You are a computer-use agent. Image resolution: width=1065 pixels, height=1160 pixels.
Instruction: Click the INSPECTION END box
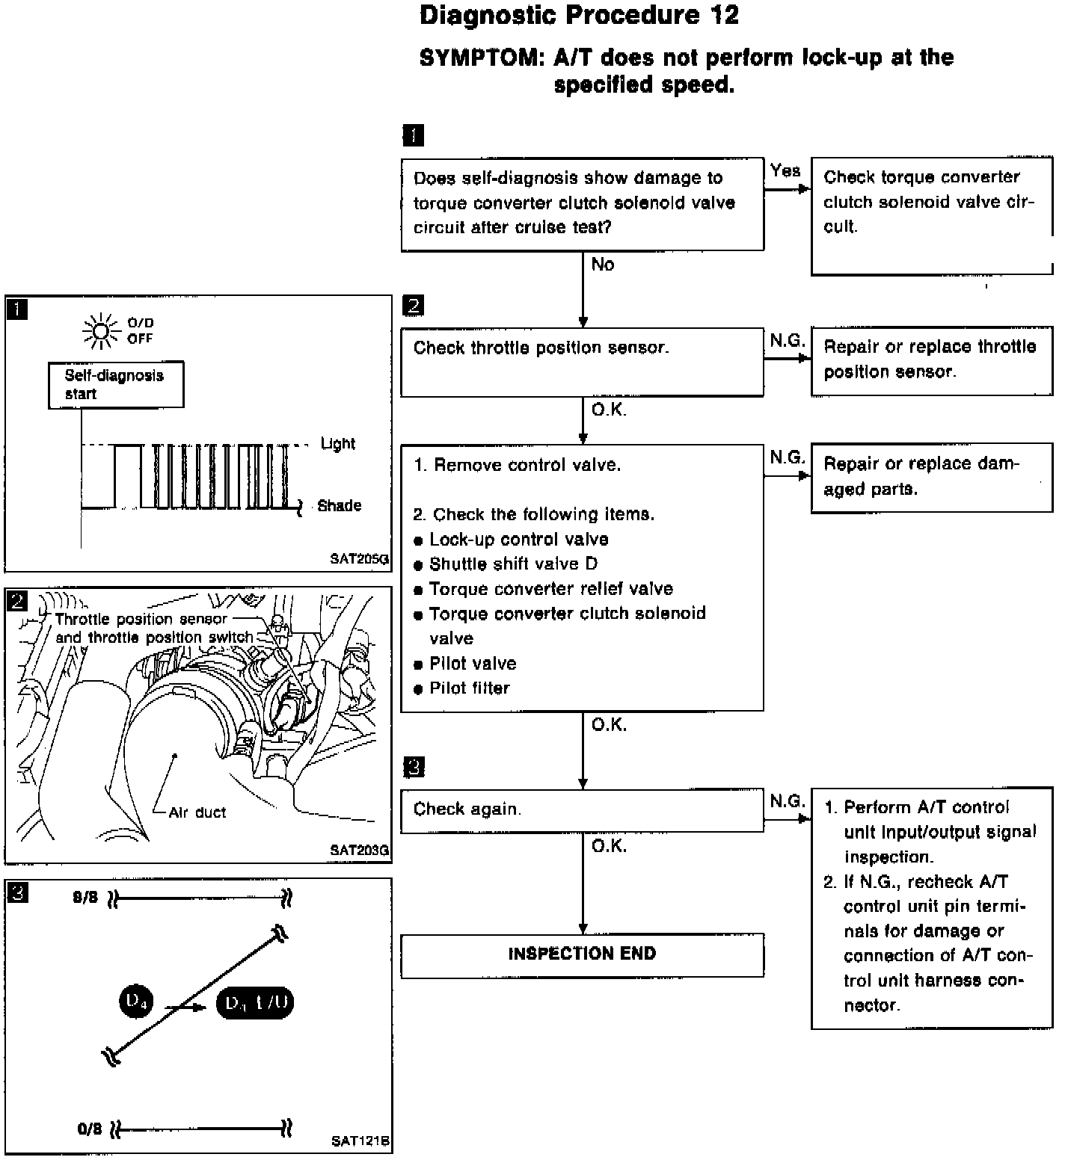582,954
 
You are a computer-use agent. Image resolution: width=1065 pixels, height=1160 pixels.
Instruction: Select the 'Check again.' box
582,811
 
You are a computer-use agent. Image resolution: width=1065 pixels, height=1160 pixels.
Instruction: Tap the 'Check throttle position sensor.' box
582,362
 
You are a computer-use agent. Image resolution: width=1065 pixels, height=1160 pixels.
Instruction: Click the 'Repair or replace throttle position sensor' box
931,360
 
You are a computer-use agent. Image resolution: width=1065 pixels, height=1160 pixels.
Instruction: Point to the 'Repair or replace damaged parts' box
931,478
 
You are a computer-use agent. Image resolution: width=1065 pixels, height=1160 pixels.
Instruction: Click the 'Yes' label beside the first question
785,171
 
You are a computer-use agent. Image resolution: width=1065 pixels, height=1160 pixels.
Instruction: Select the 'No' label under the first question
603,265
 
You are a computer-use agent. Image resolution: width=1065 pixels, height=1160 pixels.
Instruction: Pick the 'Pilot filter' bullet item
469,688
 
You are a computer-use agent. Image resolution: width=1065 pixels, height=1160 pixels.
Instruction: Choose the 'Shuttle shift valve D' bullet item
513,564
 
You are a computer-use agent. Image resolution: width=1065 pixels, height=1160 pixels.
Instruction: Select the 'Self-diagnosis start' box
116,385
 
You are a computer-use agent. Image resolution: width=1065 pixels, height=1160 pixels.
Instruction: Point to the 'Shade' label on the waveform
339,506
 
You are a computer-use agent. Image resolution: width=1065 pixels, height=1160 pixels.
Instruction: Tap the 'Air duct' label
197,812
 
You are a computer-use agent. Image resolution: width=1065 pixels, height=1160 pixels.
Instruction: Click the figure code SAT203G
359,850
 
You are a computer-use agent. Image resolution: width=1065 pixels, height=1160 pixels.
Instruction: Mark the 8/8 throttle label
85,898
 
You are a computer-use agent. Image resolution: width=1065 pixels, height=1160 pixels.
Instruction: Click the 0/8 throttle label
89,1129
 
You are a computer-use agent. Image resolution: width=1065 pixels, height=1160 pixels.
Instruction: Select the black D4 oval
135,1002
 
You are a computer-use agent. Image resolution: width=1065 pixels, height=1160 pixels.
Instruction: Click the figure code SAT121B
360,1141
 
